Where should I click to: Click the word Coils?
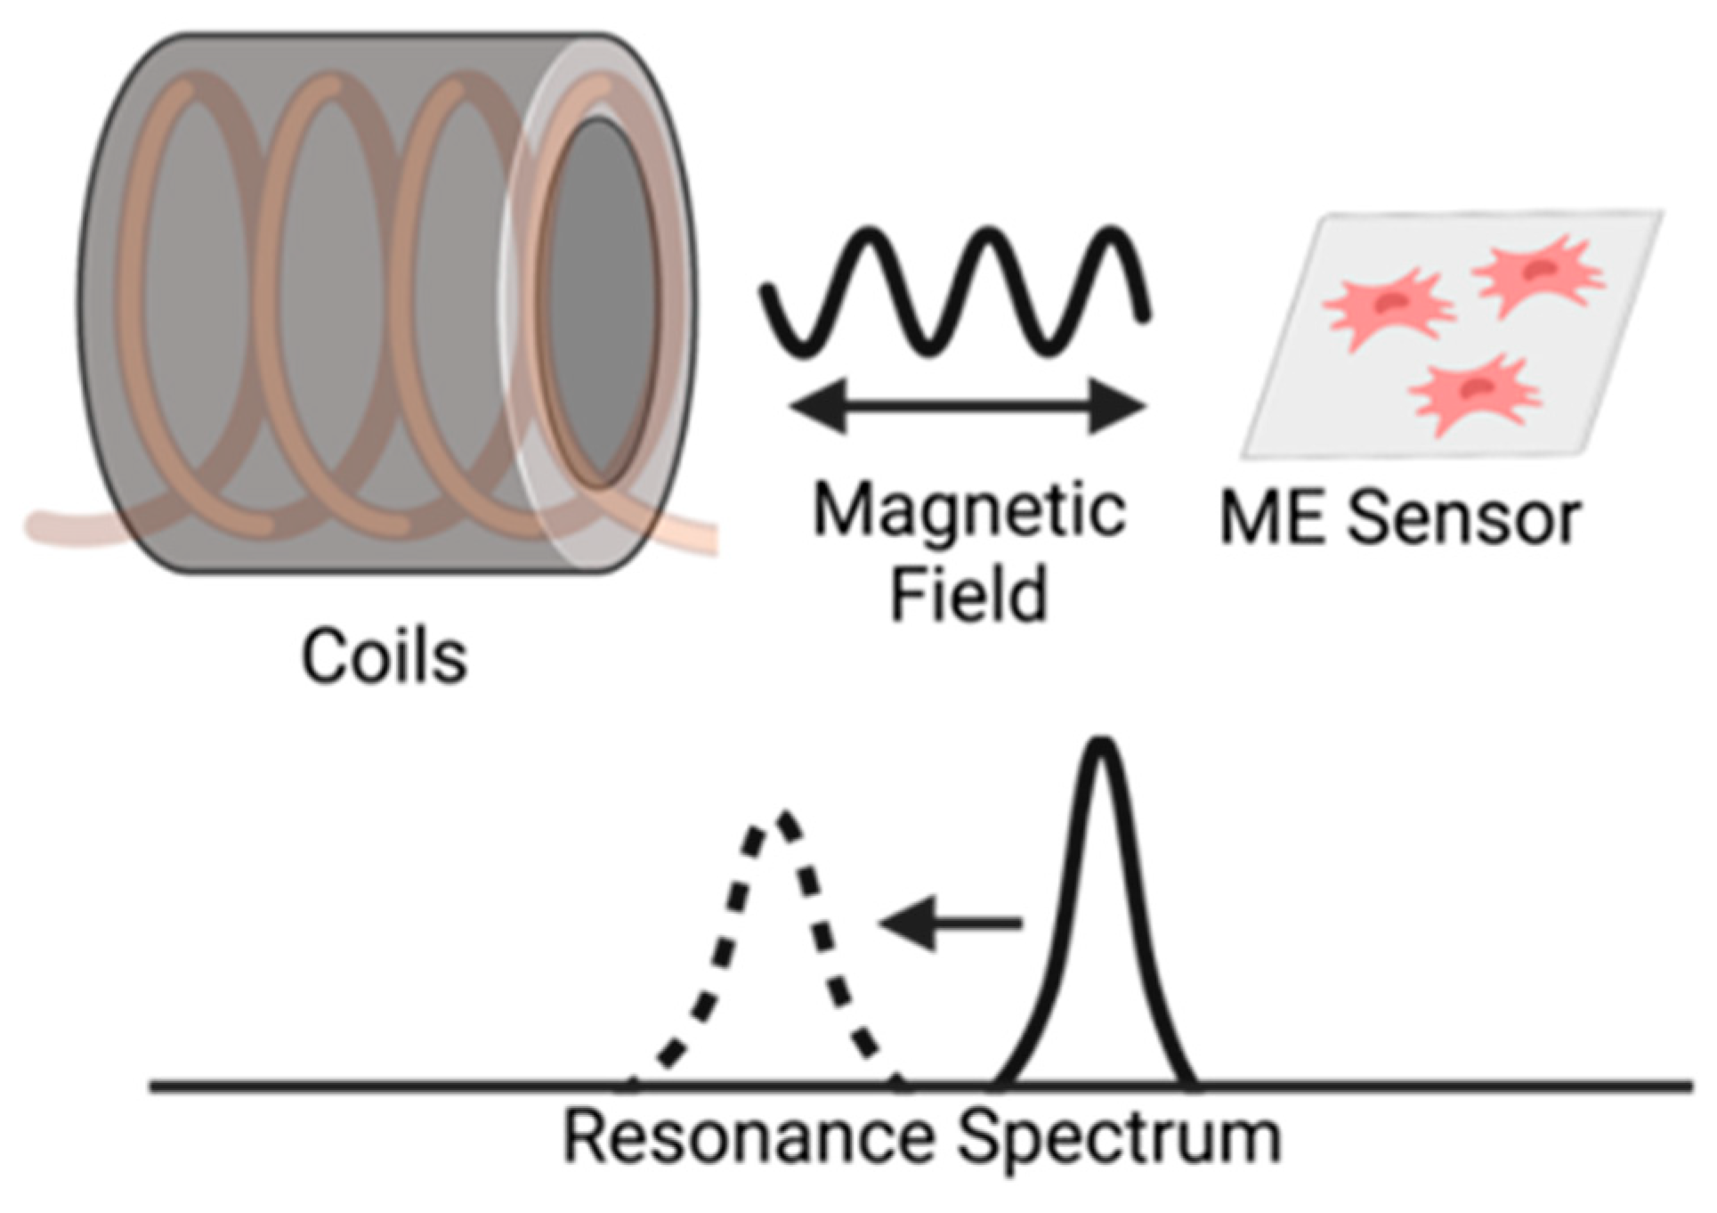(384, 657)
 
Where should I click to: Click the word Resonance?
(749, 1137)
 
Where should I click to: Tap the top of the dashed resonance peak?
(782, 818)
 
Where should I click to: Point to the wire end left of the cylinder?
(53, 525)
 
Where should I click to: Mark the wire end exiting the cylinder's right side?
(699, 534)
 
